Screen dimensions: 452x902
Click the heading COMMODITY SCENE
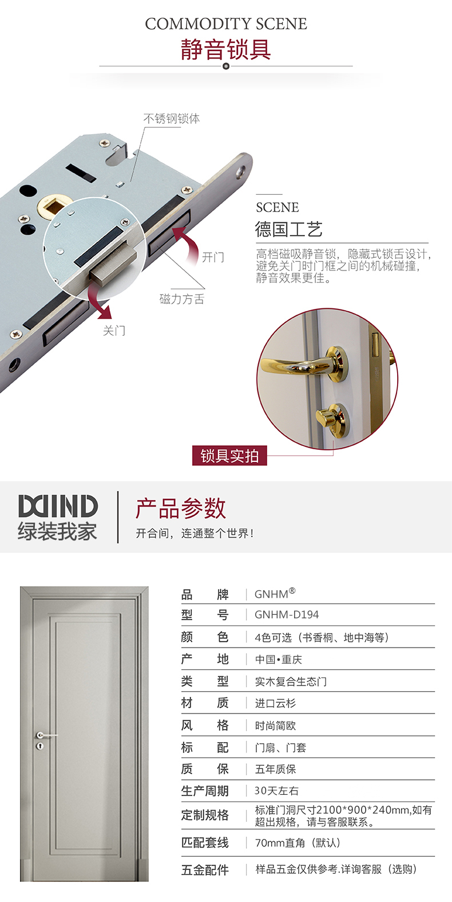[x=226, y=23]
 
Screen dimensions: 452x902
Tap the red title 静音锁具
[x=225, y=49]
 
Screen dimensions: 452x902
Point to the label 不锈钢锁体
[x=172, y=119]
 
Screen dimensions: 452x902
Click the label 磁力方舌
[x=182, y=299]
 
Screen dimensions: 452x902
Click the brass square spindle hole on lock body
[x=51, y=207]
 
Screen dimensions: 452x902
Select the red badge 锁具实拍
[x=229, y=456]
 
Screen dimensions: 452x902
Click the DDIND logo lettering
[x=58, y=506]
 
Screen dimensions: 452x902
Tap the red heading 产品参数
[x=181, y=508]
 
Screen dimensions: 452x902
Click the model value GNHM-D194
[x=287, y=614]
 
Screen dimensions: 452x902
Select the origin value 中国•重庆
[x=278, y=659]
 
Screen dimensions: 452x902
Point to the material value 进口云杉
[x=275, y=703]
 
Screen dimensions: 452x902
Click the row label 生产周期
[x=205, y=791]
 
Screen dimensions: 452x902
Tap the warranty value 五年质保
[x=275, y=769]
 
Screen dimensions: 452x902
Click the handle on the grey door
[x=45, y=735]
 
